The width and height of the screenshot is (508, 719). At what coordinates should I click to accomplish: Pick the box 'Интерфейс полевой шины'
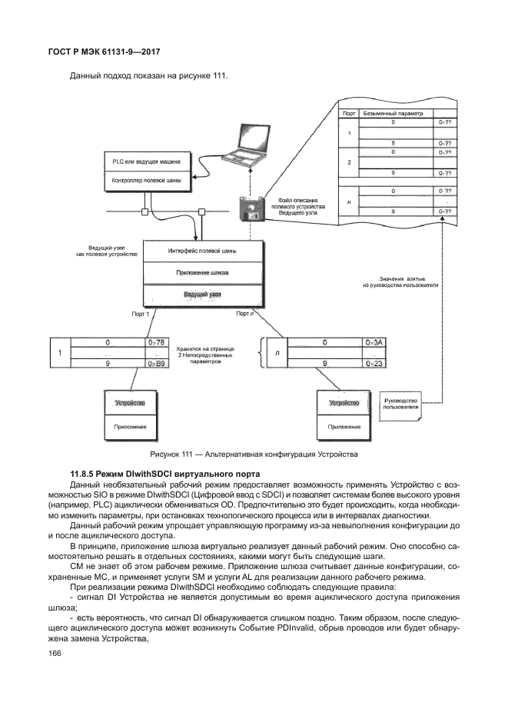(x=202, y=251)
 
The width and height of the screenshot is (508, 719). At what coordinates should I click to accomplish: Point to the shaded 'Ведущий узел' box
(x=202, y=295)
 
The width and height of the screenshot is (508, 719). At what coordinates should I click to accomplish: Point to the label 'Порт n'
(x=244, y=314)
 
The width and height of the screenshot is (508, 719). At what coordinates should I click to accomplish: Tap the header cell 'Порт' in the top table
(x=348, y=113)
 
